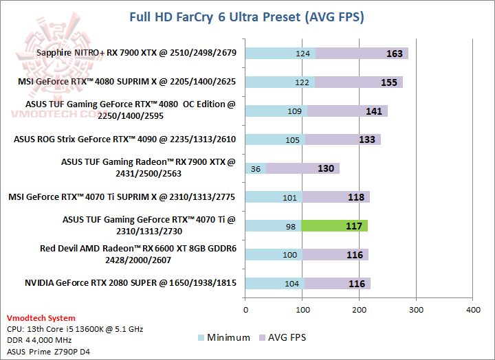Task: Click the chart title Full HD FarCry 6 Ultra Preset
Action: [x=247, y=16]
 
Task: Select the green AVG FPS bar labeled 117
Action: [x=334, y=225]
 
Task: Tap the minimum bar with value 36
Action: [x=255, y=168]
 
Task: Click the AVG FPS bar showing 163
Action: [x=362, y=54]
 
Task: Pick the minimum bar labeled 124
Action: [x=280, y=54]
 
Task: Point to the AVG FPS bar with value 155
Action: [x=358, y=82]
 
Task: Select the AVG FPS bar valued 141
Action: [x=347, y=111]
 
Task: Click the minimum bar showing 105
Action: [x=274, y=139]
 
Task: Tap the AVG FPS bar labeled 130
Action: [x=302, y=168]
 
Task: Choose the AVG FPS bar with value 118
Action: [x=336, y=197]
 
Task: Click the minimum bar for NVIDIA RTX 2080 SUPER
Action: [x=274, y=283]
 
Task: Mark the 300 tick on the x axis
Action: [x=416, y=310]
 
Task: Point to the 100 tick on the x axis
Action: [x=302, y=310]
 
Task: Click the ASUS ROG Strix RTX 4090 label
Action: [x=124, y=139]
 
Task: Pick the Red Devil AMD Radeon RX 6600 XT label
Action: [x=137, y=254]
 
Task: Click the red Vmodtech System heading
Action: [x=41, y=319]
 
